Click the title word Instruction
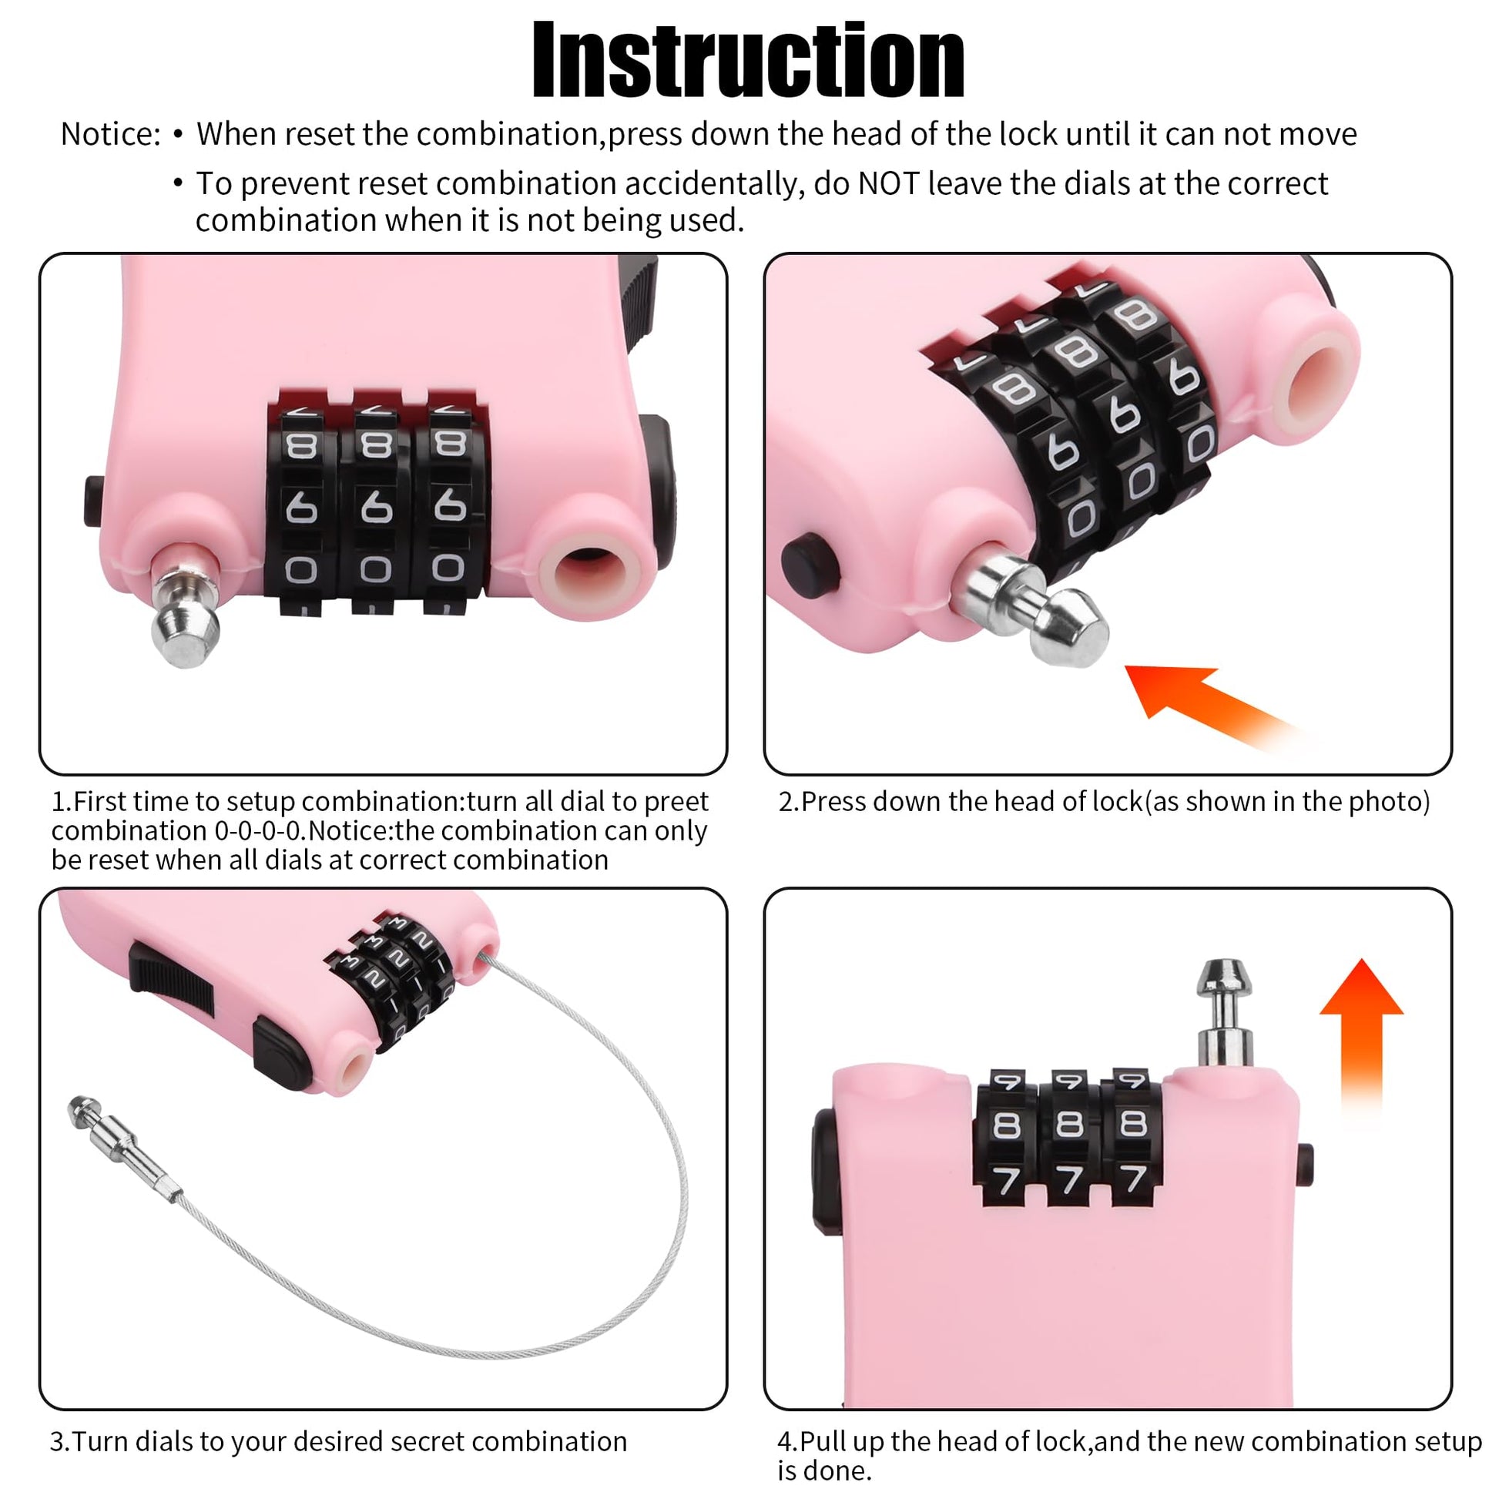(749, 61)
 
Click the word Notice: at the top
(110, 134)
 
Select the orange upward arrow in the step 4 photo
(1362, 1040)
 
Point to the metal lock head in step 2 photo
(1032, 610)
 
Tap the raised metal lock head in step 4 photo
(1224, 1013)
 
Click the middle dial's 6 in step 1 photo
(376, 508)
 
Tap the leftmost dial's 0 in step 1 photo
(301, 570)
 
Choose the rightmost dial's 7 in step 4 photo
(1135, 1179)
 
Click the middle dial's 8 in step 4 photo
(1071, 1123)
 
